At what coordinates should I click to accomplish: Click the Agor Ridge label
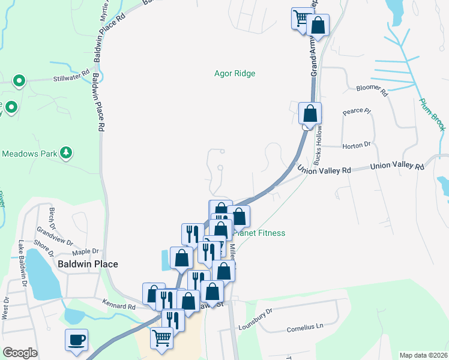[x=235, y=74]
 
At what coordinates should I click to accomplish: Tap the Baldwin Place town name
[x=88, y=264]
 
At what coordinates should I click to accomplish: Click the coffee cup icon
[x=77, y=340]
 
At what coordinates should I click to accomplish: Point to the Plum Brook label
[x=432, y=115]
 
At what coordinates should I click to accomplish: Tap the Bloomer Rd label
[x=372, y=89]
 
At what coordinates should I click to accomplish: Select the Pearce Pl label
[x=358, y=112]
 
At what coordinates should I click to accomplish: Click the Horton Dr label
[x=357, y=145]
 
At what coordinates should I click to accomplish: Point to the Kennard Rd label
[x=119, y=306]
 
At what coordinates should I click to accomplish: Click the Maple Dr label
[x=85, y=251]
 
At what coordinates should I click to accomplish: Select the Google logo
[x=20, y=353]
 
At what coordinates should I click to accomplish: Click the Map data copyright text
[x=423, y=355]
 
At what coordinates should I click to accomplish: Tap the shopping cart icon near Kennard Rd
[x=162, y=338]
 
